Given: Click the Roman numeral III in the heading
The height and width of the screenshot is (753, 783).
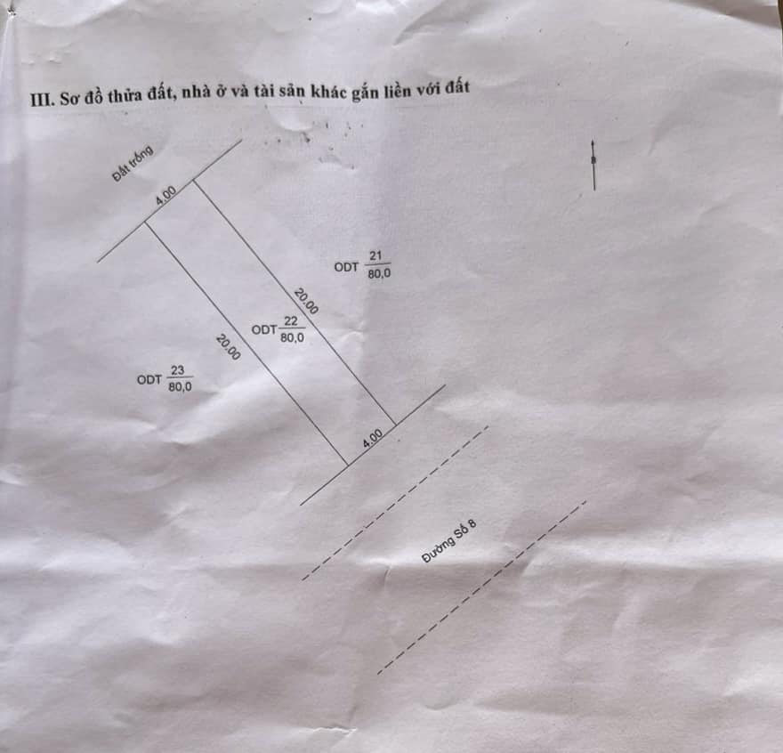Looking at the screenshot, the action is click(x=42, y=100).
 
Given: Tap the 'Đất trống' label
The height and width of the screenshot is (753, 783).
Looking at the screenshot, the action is click(x=133, y=164).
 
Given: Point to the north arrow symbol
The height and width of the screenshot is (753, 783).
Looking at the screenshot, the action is click(x=593, y=165).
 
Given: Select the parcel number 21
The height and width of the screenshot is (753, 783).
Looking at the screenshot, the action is click(x=375, y=255).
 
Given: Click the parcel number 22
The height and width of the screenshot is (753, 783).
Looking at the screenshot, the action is click(x=291, y=320).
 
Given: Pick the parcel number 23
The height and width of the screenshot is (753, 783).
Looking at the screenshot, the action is click(x=177, y=370).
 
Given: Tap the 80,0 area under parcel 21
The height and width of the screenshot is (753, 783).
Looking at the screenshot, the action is click(x=380, y=273).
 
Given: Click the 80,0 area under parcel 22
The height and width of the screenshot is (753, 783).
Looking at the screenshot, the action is click(x=292, y=337).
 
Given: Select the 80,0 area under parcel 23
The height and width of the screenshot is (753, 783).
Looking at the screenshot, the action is click(x=181, y=387).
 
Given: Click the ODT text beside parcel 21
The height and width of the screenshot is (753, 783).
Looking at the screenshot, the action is click(x=346, y=267).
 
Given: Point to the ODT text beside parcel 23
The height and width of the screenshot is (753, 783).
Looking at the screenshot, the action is click(x=149, y=380).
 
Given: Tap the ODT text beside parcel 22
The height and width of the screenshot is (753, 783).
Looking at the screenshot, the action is click(x=264, y=330).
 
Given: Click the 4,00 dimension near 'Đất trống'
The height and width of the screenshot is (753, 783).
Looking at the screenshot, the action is click(x=165, y=195).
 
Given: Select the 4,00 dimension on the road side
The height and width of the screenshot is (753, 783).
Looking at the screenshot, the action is click(x=373, y=438).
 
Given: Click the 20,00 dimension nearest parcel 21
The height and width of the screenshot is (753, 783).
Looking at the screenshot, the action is click(x=305, y=301).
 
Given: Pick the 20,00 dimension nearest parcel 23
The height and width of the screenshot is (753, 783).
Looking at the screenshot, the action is click(x=228, y=347).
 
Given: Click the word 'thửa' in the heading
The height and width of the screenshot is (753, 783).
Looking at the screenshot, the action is click(x=124, y=95).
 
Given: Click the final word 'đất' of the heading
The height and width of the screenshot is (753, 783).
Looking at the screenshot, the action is click(x=458, y=87).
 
